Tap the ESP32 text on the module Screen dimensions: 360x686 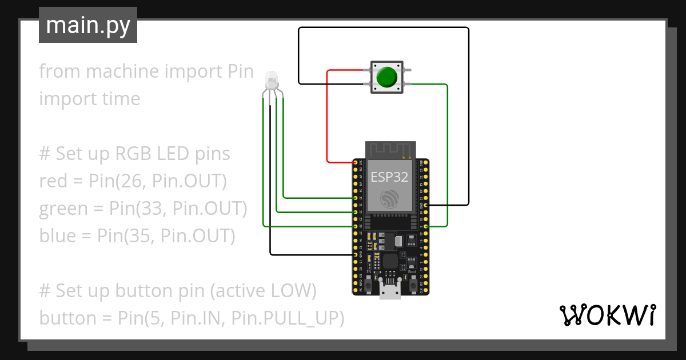(389, 177)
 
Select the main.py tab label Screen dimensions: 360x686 (88, 25)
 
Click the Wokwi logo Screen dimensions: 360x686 (607, 315)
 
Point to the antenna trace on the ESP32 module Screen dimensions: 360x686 (389, 150)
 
